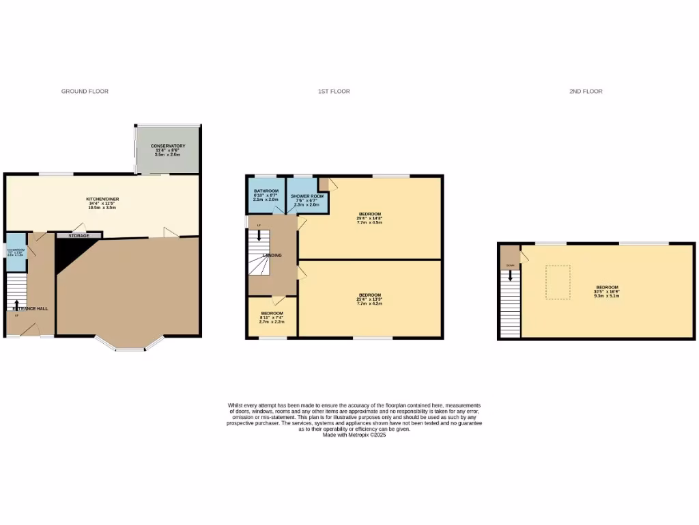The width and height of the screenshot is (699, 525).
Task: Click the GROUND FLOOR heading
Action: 85,91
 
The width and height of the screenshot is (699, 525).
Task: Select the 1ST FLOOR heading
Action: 334,91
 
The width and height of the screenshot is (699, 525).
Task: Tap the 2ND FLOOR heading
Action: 586,91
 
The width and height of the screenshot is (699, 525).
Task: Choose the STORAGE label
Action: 79,235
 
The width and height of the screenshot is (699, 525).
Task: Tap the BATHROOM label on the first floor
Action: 266,191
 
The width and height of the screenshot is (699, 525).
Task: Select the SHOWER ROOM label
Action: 306,191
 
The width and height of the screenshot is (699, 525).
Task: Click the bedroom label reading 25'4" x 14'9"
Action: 369,215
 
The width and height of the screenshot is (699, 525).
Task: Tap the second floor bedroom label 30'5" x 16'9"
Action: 607,287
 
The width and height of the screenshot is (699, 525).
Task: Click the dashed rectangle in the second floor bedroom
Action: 558,282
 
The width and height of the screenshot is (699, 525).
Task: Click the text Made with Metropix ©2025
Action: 354,435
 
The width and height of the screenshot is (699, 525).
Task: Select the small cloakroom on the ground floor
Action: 15,251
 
